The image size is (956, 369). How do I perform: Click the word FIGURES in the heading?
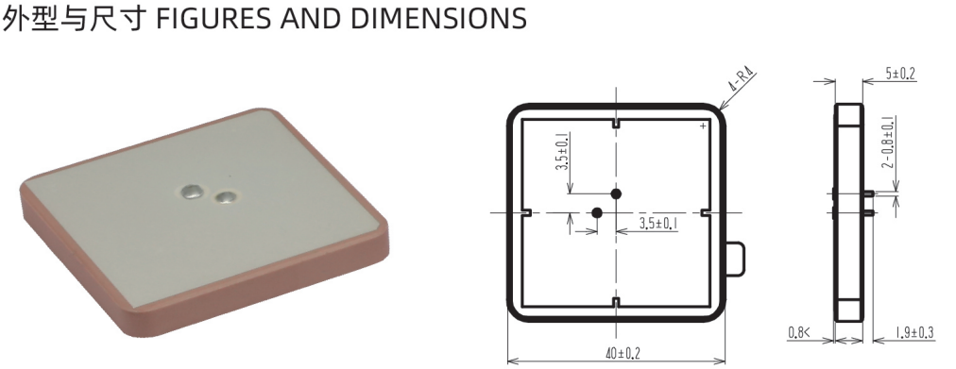214,18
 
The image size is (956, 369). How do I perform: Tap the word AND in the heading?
313,18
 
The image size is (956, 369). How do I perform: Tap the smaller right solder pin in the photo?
227,196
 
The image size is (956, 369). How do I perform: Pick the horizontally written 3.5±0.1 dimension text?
659,224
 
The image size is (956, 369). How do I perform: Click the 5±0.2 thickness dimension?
900,75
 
